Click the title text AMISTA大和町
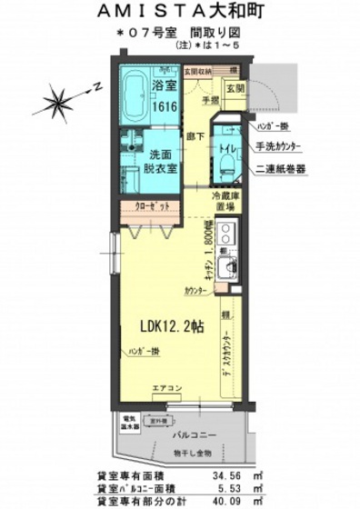click(x=179, y=13)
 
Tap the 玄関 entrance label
click(x=235, y=88)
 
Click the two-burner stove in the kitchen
click(x=226, y=235)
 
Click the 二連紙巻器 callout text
click(x=280, y=169)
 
